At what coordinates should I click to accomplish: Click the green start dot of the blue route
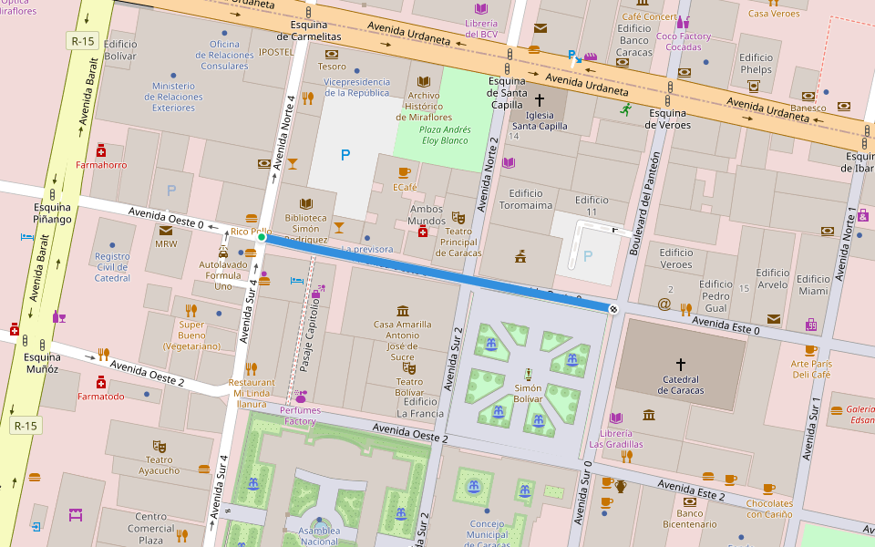coord(262,237)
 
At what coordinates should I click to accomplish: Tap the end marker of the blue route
coord(613,309)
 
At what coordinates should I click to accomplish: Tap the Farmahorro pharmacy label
coord(101,165)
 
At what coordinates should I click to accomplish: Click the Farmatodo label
coord(101,397)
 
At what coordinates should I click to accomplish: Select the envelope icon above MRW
coord(166,230)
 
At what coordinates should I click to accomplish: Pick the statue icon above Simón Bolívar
coord(528,374)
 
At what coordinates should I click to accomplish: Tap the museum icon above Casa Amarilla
coord(403,311)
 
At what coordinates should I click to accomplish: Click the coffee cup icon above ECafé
coord(404,172)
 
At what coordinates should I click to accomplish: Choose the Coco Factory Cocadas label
coord(683,41)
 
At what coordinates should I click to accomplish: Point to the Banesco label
coord(808,108)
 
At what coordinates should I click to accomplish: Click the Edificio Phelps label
coord(756,64)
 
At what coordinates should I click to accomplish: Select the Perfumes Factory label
coord(299,416)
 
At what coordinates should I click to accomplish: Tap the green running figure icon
coord(625,109)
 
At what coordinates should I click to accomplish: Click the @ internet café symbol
coord(664,304)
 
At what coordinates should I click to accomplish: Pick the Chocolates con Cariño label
coord(769,509)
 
